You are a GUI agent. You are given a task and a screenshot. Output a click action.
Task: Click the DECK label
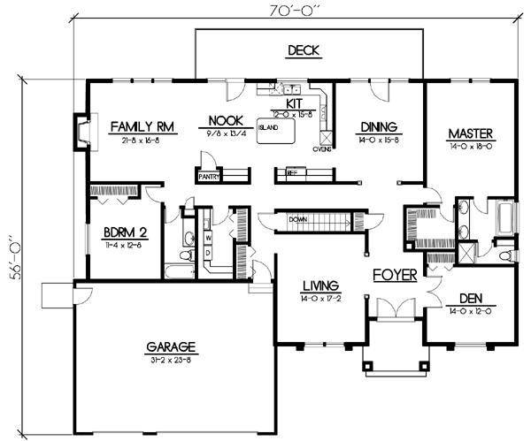[x=303, y=50]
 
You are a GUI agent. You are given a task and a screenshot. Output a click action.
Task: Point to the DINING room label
[x=377, y=126]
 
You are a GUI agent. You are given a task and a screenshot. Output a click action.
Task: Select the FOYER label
[x=394, y=275]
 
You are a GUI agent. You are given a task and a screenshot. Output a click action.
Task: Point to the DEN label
[x=471, y=299]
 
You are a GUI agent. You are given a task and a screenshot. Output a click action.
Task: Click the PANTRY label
[x=209, y=177]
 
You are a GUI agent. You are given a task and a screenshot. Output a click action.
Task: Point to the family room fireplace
[x=81, y=130]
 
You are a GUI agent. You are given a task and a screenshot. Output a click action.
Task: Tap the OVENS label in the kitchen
[x=321, y=149]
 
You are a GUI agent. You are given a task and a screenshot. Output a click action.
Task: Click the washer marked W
[x=208, y=237]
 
